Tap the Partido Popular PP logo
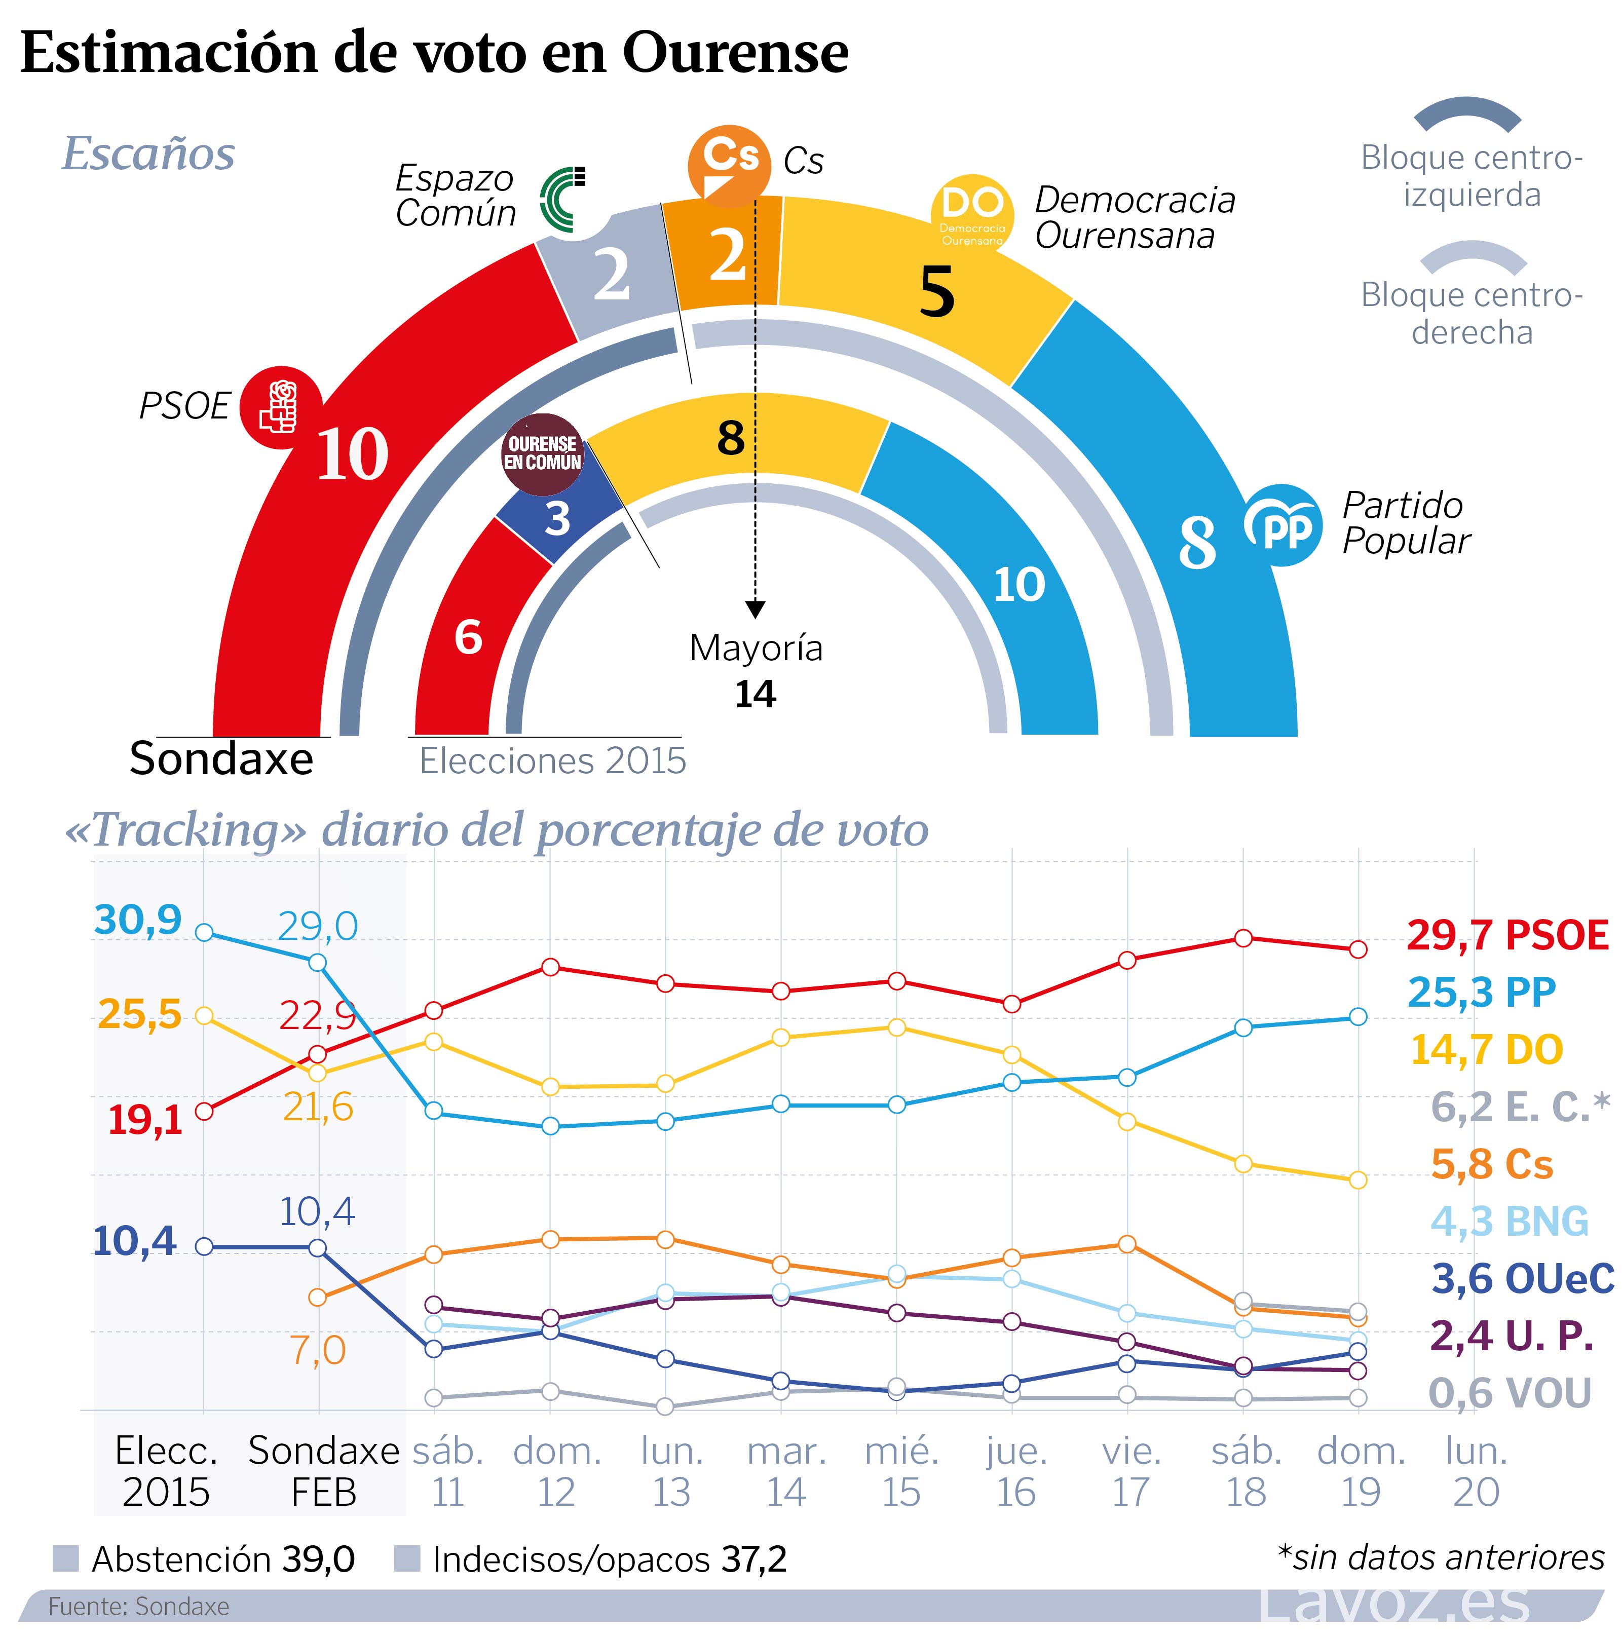pyautogui.click(x=1282, y=526)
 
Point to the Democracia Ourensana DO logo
pyautogui.click(x=972, y=214)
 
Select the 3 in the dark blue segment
pyautogui.click(x=557, y=518)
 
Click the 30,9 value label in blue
pyautogui.click(x=137, y=919)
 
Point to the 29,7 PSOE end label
pyautogui.click(x=1506, y=935)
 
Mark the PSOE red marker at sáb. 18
pyautogui.click(x=1243, y=938)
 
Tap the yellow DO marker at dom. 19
pyautogui.click(x=1357, y=1179)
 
